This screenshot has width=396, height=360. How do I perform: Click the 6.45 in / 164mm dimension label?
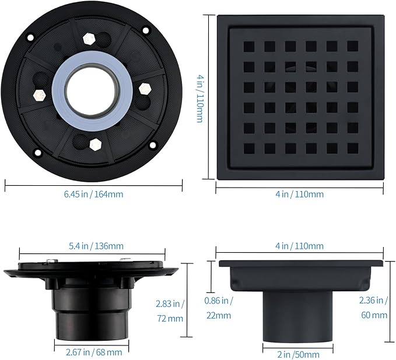pos(94,194)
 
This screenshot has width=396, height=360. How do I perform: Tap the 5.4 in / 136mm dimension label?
pos(96,246)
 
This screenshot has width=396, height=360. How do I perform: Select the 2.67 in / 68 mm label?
pos(94,352)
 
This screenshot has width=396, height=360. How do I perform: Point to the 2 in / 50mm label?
pos(298,354)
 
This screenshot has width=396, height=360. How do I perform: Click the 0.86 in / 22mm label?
pos(219,308)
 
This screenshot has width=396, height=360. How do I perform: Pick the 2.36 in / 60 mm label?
pos(374,308)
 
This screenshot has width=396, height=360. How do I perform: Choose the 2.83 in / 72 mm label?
pos(170,311)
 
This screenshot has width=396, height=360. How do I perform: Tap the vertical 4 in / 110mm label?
pos(200,98)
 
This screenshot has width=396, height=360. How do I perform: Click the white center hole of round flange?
pos(92,93)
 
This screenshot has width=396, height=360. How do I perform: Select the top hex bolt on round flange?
pos(89,38)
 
